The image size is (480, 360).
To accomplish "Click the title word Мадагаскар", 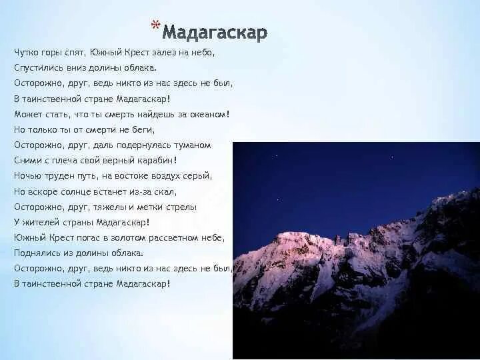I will click(215, 32).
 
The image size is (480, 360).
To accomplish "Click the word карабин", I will click(155, 160).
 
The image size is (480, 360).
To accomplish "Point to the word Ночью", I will click(26, 176).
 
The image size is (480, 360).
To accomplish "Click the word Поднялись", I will click(35, 253).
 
